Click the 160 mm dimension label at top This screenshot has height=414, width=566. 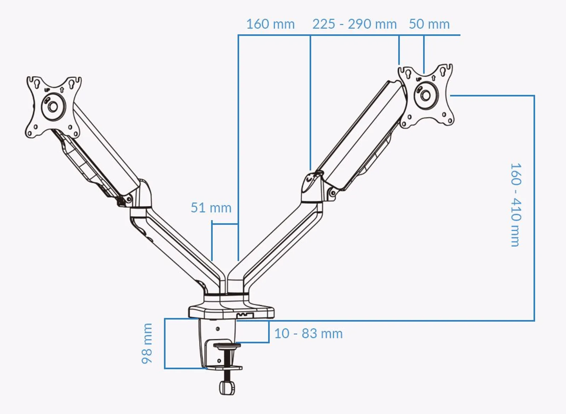[270, 24]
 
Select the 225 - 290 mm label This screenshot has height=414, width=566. [354, 24]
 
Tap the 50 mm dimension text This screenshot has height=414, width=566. [429, 24]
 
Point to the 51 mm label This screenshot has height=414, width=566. [211, 208]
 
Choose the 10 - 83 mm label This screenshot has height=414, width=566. [308, 333]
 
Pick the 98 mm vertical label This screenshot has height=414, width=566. [147, 343]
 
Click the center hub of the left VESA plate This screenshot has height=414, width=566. [53, 107]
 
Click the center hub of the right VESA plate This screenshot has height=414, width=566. [426, 95]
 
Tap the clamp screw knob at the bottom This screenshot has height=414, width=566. [227, 388]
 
